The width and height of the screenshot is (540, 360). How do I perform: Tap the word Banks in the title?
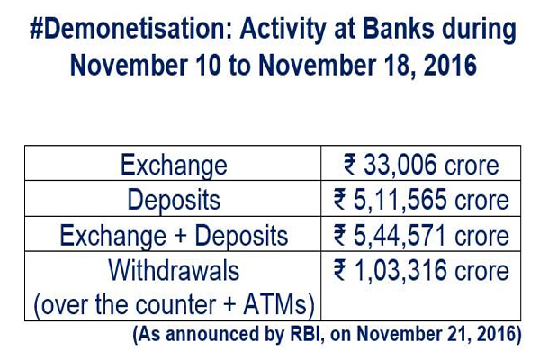(398, 29)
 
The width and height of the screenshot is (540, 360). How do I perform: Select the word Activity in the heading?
(283, 31)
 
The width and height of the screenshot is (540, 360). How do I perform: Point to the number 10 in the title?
(208, 65)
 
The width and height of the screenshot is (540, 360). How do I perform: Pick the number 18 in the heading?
(393, 65)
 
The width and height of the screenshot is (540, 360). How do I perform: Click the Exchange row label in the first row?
(174, 166)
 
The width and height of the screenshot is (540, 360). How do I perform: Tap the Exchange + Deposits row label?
(174, 237)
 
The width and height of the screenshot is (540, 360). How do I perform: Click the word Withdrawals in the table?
(174, 270)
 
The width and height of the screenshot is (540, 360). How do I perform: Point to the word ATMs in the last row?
(274, 305)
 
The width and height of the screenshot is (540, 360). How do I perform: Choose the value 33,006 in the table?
(400, 166)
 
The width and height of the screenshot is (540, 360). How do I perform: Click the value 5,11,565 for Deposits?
(400, 201)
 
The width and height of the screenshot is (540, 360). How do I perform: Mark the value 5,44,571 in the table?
(400, 236)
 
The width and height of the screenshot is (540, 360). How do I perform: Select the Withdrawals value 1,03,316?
(400, 271)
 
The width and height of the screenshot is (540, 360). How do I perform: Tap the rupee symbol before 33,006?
(349, 165)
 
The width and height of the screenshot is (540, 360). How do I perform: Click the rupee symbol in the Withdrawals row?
(339, 270)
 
